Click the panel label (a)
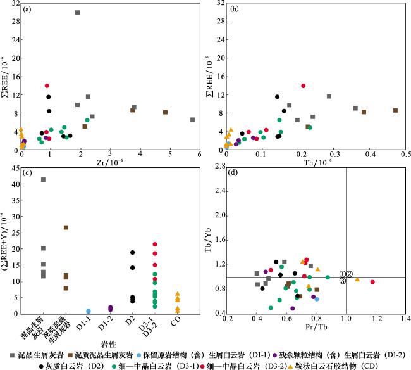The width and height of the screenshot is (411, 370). (28, 11)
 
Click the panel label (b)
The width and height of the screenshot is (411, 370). (231, 11)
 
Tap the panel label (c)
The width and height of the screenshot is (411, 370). (28, 174)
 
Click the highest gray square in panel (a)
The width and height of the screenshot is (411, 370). (77, 12)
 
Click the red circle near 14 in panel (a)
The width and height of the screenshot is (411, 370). (47, 86)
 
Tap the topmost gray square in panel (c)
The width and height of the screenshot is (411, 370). (43, 179)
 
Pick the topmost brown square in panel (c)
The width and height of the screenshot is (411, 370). (66, 227)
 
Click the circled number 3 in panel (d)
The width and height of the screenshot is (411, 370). (342, 281)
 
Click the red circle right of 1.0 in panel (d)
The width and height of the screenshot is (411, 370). (372, 282)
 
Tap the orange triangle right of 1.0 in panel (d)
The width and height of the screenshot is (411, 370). (357, 279)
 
